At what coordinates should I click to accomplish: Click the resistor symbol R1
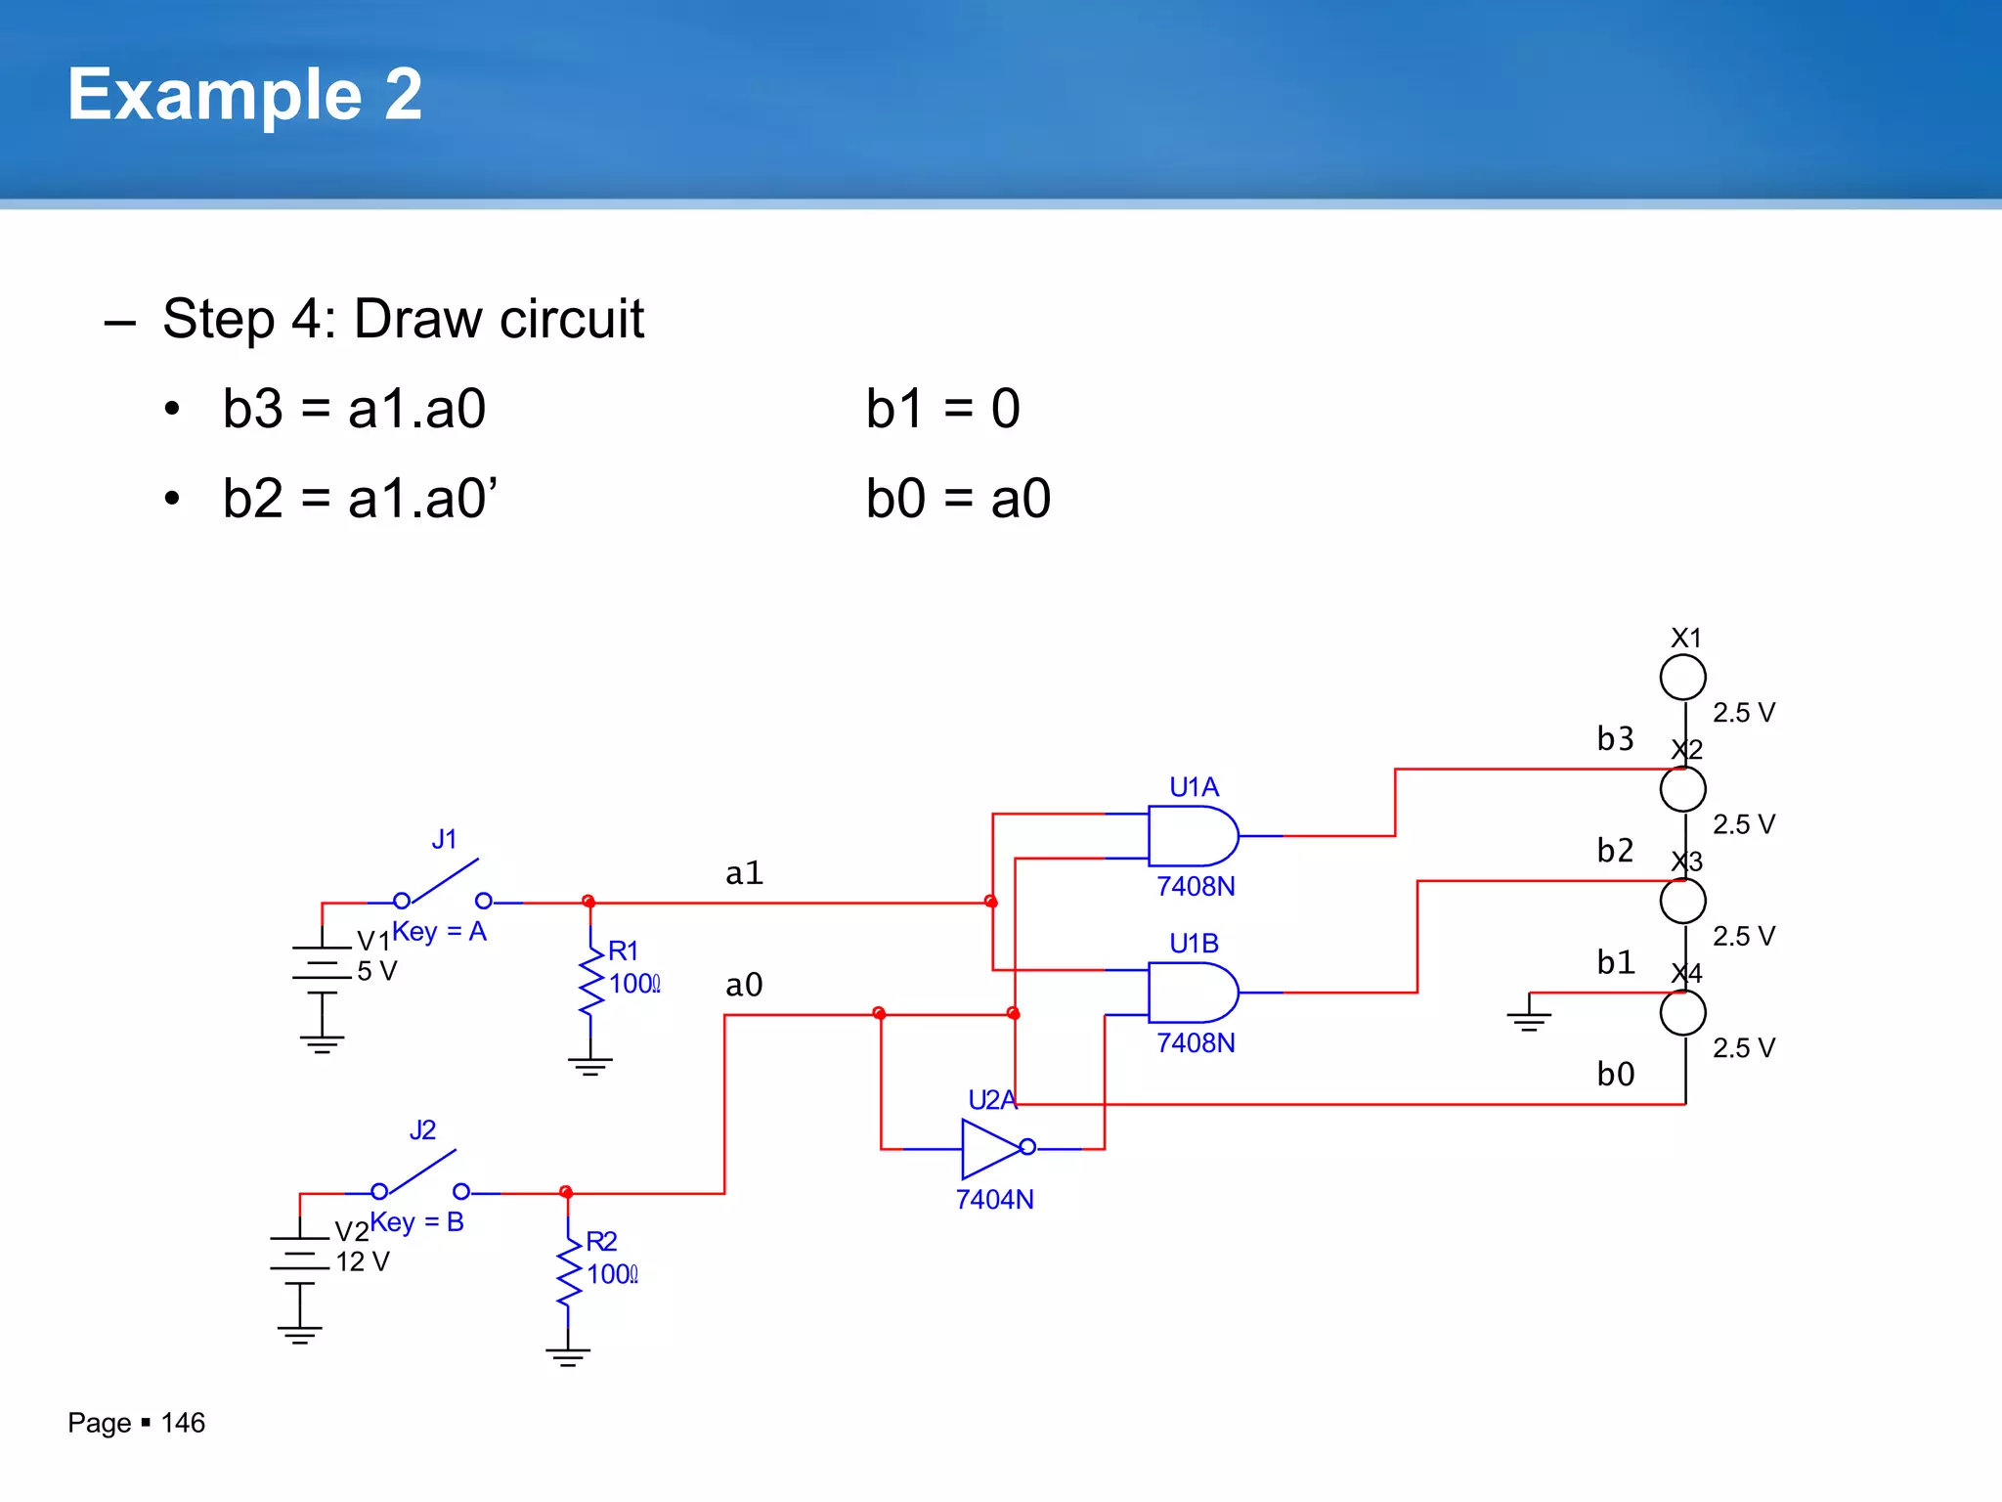tap(590, 983)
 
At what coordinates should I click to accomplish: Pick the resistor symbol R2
tap(568, 1273)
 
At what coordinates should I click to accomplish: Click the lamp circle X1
tap(1682, 677)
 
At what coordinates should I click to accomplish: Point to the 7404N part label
tap(994, 1200)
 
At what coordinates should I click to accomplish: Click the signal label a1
tap(744, 872)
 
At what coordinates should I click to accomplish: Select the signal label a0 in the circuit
tap(744, 985)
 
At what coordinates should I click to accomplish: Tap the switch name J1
tap(444, 839)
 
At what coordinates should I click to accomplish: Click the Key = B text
tap(417, 1222)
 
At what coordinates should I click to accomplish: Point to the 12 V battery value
tap(363, 1262)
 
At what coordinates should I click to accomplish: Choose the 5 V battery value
tap(377, 971)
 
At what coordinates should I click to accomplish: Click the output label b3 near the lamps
tap(1615, 738)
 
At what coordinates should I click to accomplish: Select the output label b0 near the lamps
tap(1615, 1075)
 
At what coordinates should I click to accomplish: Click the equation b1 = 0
tap(942, 409)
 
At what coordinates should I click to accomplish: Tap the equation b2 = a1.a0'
tap(360, 499)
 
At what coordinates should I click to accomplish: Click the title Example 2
tap(244, 95)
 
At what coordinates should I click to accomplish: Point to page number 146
tap(183, 1423)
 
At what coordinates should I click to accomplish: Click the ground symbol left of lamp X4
tap(1529, 1015)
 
